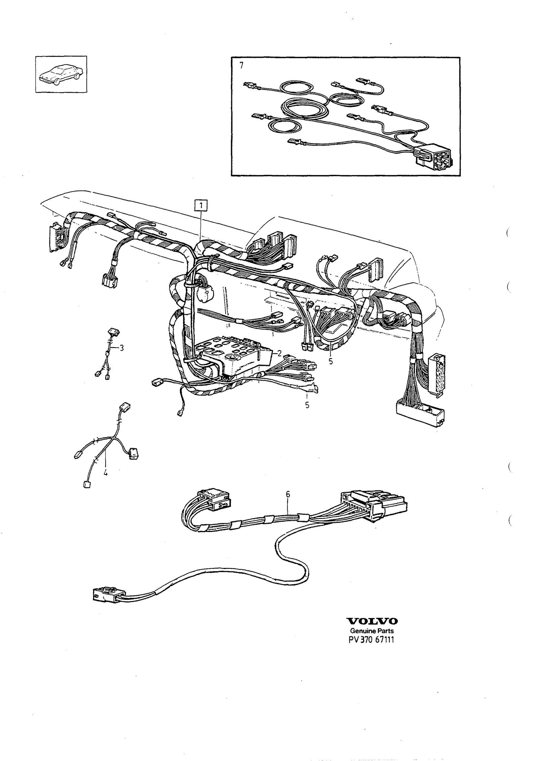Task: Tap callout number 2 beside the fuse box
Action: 279,353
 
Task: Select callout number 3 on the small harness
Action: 121,348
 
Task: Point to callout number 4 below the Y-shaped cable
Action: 106,473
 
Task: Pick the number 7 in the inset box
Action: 241,66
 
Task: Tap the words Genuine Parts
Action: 372,631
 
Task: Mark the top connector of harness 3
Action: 114,332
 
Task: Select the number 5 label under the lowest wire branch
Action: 307,405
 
